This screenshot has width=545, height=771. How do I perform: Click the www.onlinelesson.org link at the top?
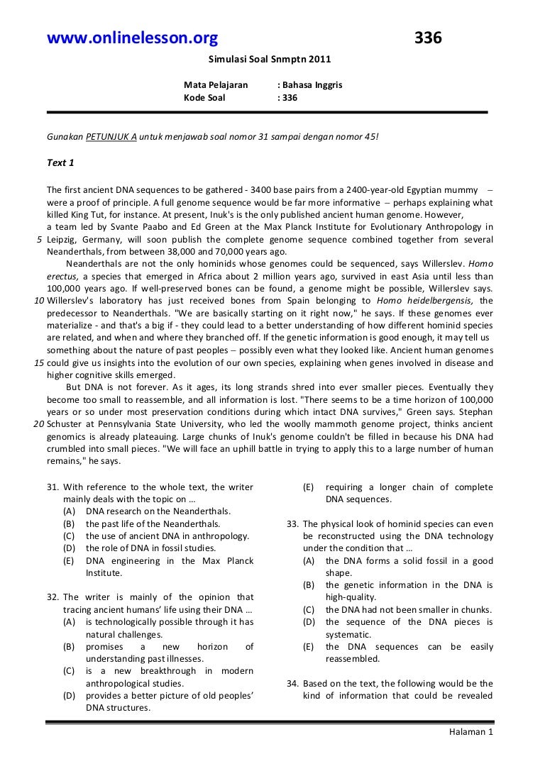132,39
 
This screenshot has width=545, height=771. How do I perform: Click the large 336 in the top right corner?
428,39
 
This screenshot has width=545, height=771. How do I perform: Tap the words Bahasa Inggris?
312,84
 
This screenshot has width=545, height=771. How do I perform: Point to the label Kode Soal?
204,98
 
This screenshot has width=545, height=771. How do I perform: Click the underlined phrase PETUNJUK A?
111,135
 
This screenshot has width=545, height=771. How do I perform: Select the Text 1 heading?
61,163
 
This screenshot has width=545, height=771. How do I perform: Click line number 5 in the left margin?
40,239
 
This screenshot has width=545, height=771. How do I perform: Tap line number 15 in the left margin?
40,362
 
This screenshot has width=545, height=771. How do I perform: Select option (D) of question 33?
309,622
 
